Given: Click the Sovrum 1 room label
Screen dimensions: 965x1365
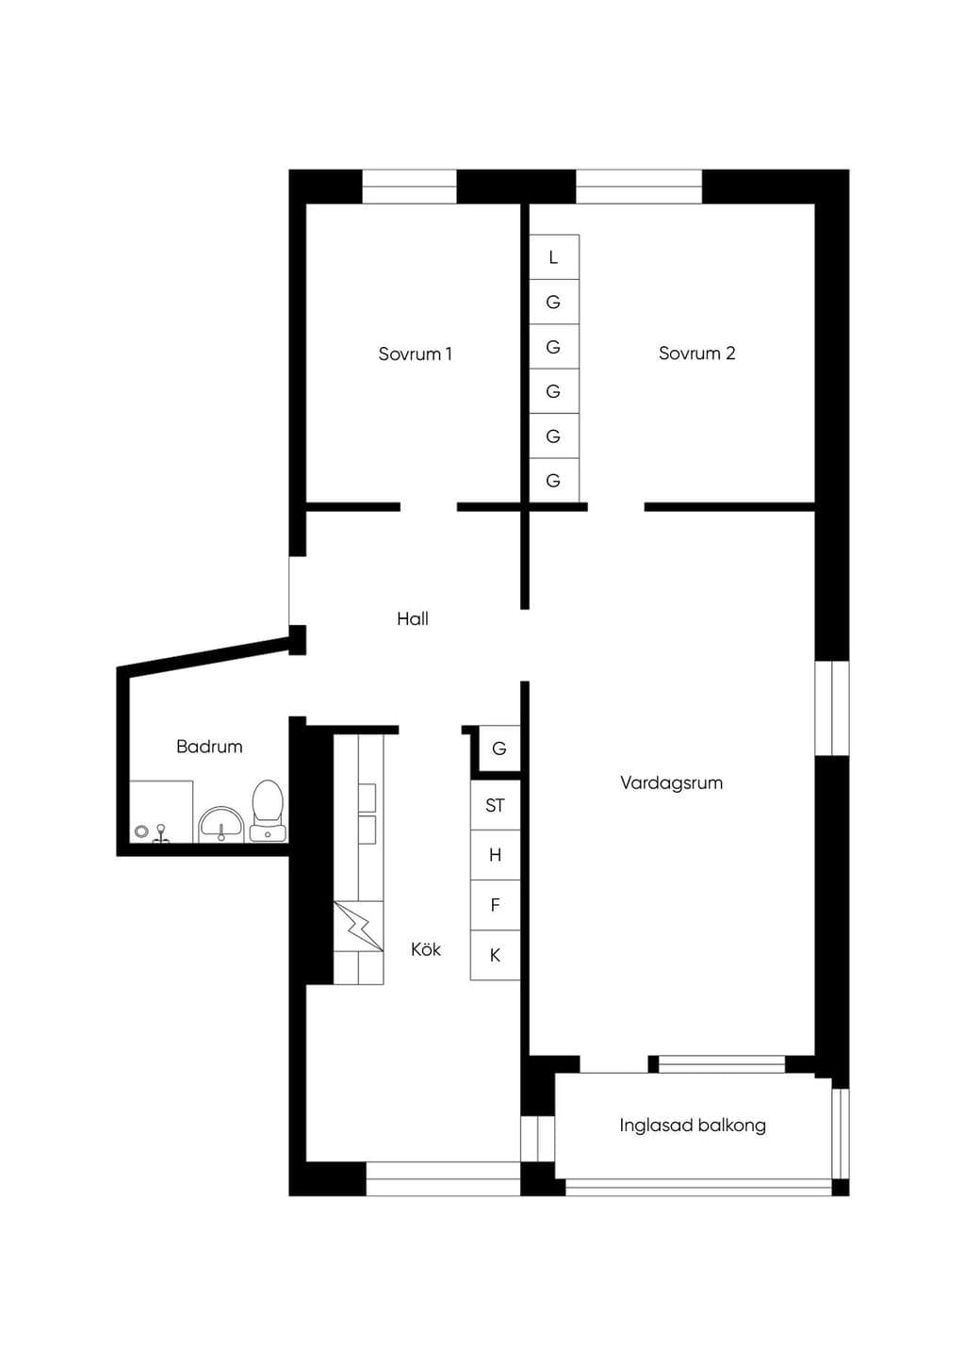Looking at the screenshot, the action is click(415, 354).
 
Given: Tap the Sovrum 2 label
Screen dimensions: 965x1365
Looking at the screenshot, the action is click(697, 354).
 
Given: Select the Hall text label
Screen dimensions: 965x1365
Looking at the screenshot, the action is click(413, 619).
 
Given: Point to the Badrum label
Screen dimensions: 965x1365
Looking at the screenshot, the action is click(209, 747).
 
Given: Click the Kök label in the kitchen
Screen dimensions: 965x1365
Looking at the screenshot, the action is click(426, 948).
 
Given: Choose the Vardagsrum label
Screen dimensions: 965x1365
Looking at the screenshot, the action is click(671, 783).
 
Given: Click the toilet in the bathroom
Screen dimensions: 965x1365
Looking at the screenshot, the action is click(268, 811).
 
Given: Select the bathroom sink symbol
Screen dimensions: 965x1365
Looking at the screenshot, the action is click(221, 824).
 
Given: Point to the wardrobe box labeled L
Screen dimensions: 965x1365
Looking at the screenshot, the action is click(554, 257).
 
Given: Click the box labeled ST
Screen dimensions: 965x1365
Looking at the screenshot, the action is click(496, 806).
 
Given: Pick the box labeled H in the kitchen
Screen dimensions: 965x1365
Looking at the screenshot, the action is click(496, 855).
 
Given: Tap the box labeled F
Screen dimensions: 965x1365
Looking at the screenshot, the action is click(496, 905).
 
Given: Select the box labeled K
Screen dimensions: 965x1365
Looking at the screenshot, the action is click(496, 955).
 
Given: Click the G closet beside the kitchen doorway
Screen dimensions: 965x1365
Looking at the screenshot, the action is click(499, 748).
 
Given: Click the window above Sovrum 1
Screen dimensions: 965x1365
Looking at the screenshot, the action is click(409, 187).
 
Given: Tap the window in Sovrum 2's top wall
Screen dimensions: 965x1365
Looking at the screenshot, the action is click(639, 187).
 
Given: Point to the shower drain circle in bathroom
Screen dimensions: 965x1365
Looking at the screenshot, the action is click(142, 831).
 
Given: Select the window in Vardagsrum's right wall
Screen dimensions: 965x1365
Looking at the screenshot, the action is click(832, 708).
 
